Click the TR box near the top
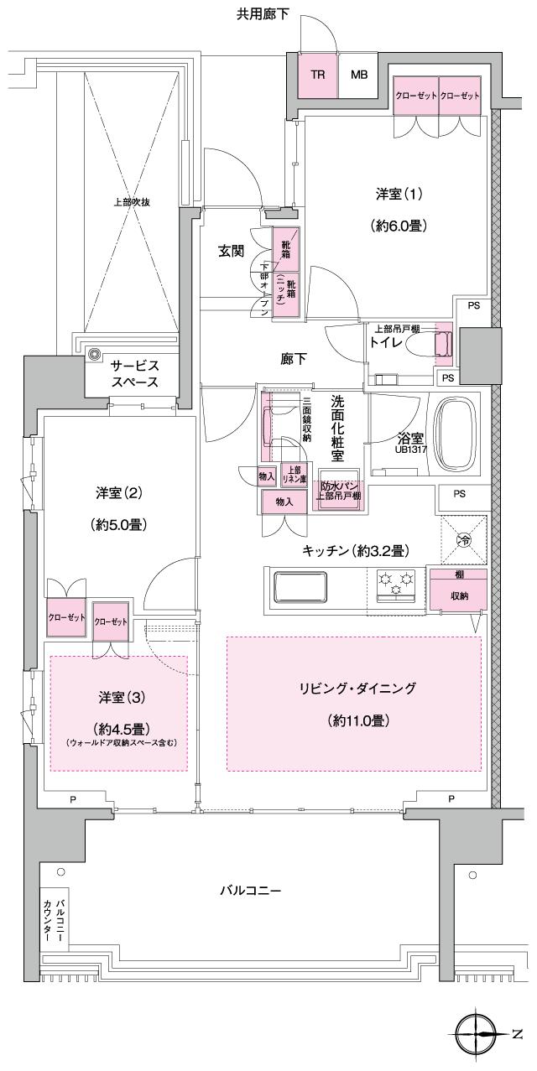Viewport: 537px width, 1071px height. point(318,74)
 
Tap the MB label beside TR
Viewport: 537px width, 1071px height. point(359,74)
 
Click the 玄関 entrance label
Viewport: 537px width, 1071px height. point(232,250)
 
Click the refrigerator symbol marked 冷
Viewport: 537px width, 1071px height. point(463,541)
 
